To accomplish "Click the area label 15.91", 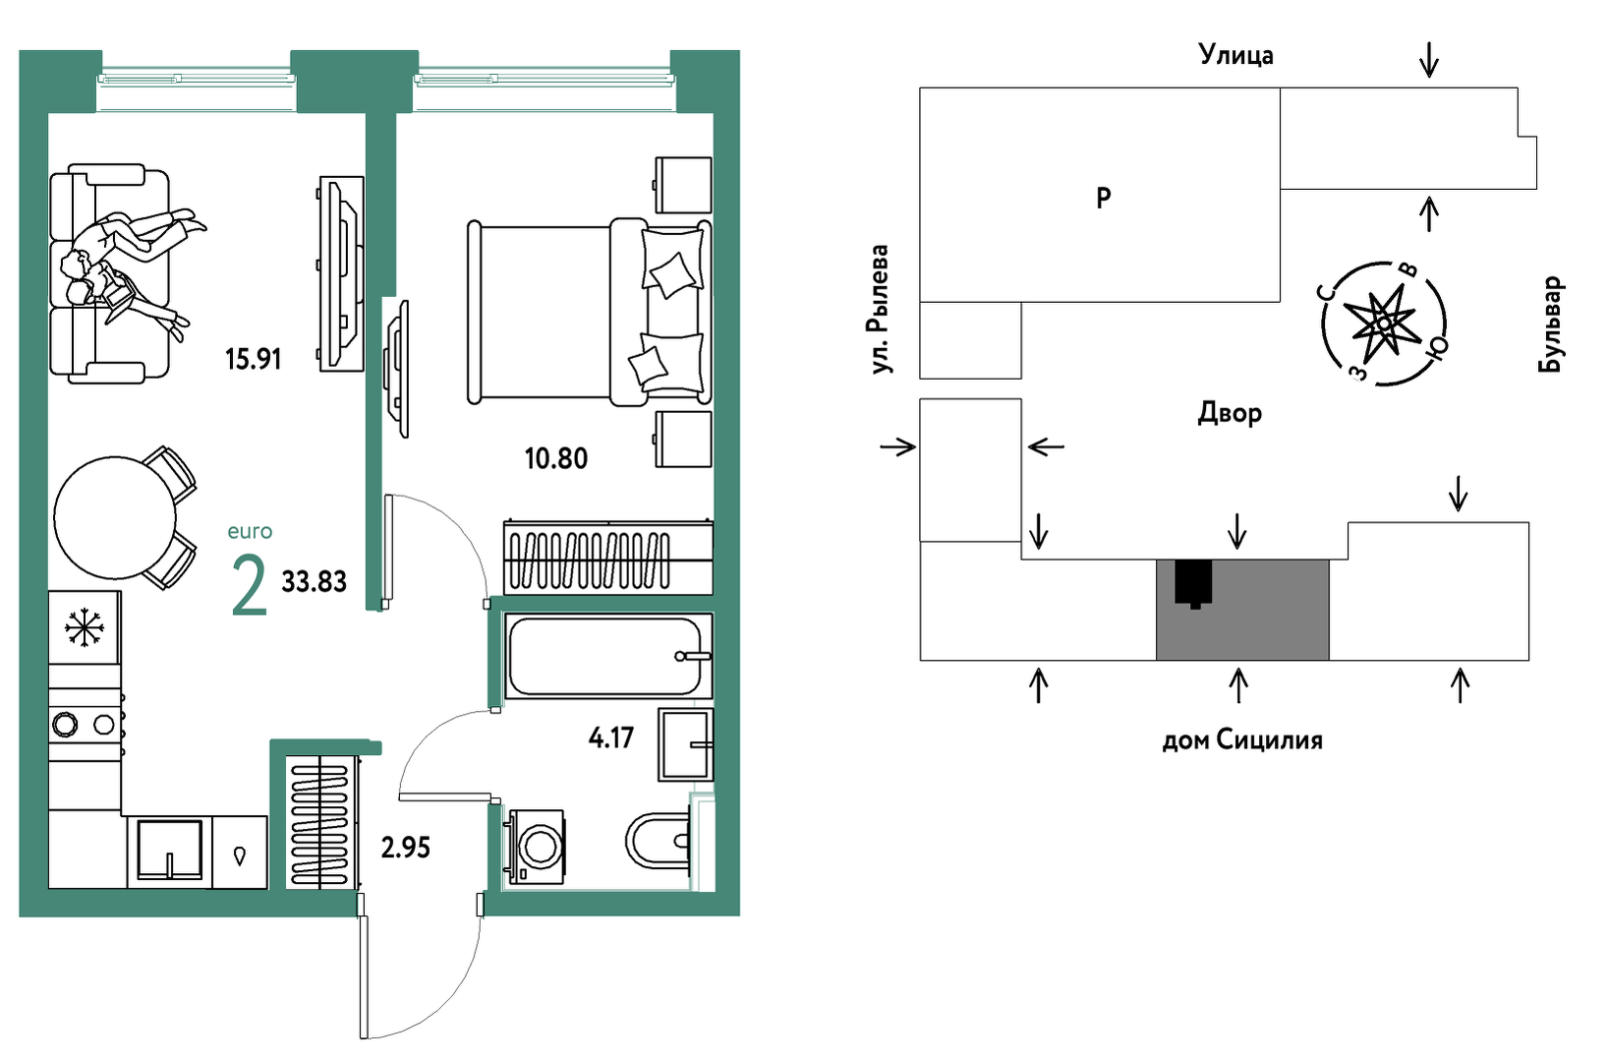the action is point(253,359).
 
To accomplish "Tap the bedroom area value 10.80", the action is point(555,458).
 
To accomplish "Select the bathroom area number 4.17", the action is point(611,737).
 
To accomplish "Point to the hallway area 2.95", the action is point(405,848).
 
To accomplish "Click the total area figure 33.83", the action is point(314,581).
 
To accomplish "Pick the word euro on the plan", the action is point(250,532).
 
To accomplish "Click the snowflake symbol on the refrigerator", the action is point(84,627).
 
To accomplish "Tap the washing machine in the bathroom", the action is point(537,847).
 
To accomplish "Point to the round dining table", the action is point(115,517).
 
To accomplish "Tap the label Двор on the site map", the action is point(1230,413).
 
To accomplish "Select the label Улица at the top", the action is point(1236,55).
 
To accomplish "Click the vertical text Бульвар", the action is point(1550,324).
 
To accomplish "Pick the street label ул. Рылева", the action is point(880,310).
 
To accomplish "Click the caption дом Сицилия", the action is point(1242,739).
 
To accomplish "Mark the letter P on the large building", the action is point(1104,197).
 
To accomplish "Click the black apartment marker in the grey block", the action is point(1193,583).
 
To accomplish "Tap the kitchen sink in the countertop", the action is point(169,850).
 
